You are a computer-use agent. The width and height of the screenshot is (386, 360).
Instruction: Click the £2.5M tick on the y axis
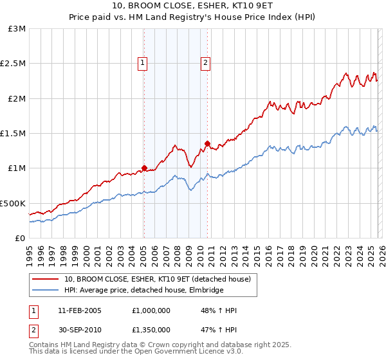[14, 64]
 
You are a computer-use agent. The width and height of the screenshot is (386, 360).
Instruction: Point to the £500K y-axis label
[13, 203]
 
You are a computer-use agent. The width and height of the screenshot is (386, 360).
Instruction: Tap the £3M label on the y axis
[17, 29]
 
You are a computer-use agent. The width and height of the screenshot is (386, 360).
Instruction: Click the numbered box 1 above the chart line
[142, 63]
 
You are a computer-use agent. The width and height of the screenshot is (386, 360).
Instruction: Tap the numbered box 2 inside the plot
[205, 63]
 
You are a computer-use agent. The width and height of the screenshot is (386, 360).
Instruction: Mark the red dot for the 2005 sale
[144, 168]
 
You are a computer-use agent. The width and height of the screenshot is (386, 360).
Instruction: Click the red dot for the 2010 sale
[207, 143]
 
